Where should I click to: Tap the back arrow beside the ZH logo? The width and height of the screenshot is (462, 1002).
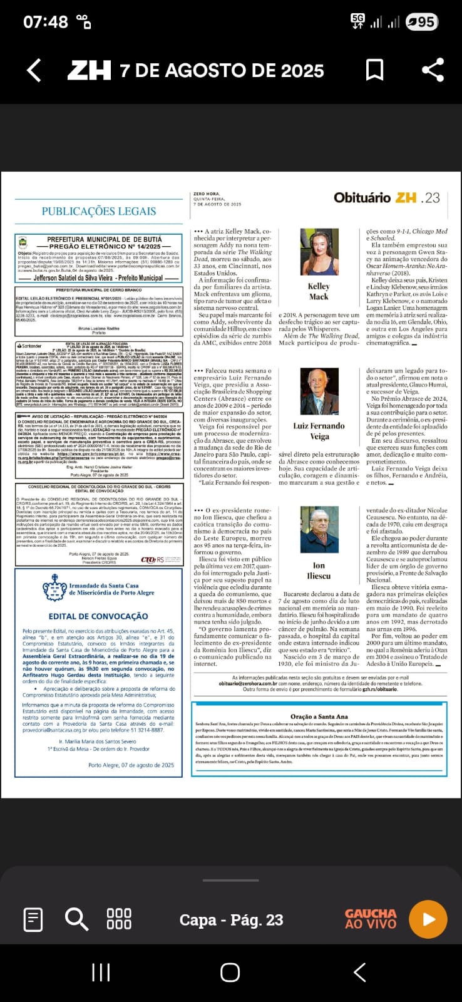[34, 70]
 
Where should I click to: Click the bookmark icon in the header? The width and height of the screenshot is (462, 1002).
[374, 70]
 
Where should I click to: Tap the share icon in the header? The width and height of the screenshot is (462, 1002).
[433, 70]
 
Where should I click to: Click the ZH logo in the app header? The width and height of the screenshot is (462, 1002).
[89, 70]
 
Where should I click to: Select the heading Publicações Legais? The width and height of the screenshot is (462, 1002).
[99, 211]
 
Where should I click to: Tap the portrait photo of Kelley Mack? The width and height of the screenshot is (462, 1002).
[319, 252]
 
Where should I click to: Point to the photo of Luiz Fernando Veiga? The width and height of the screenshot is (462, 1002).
[319, 391]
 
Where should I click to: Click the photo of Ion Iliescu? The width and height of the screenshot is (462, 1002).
[319, 530]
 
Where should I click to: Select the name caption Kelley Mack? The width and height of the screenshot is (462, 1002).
[319, 291]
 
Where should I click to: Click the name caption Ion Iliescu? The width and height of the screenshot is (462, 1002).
[319, 571]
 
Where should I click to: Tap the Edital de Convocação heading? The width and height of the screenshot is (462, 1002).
[98, 616]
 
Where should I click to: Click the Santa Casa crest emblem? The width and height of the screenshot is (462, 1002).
[54, 588]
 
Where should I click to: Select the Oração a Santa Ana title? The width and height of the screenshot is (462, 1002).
[319, 716]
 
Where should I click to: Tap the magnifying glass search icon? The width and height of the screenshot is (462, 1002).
[76, 919]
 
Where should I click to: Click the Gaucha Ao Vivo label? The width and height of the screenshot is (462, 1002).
[371, 919]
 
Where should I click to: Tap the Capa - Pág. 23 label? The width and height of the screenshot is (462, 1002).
[231, 919]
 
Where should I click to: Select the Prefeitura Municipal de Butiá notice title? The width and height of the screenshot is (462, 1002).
[105, 240]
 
